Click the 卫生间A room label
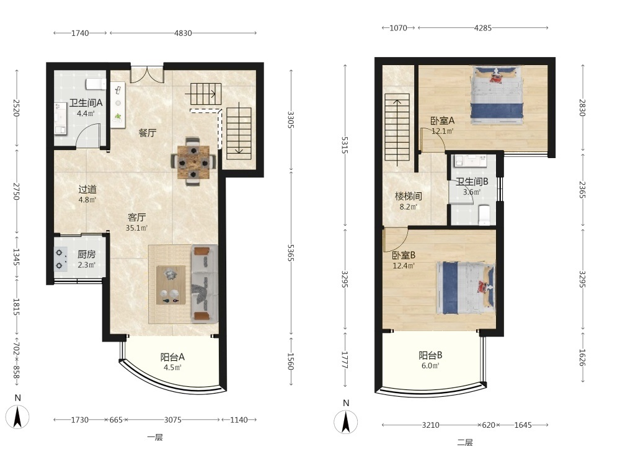pyautogui.click(x=86, y=103)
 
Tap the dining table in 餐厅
pyautogui.click(x=193, y=162)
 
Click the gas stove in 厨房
pyautogui.click(x=61, y=259)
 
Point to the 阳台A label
pyautogui.click(x=172, y=357)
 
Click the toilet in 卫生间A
pyautogui.click(x=95, y=84)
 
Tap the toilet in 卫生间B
pyautogui.click(x=484, y=215)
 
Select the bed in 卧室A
pyautogui.click(x=497, y=95)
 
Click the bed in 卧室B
pyautogui.click(x=466, y=287)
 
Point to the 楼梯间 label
pyautogui.click(x=408, y=196)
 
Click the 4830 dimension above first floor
pyautogui.click(x=183, y=33)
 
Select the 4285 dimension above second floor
pyautogui.click(x=483, y=28)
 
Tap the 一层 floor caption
pyautogui.click(x=154, y=437)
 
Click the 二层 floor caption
pyautogui.click(x=464, y=443)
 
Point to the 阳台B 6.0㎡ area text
pyautogui.click(x=430, y=366)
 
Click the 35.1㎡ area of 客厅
pyautogui.click(x=136, y=228)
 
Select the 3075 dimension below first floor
pyautogui.click(x=173, y=420)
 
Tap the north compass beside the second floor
pyautogui.click(x=345, y=422)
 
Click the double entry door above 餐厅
pyautogui.click(x=147, y=74)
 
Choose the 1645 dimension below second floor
pyautogui.click(x=523, y=425)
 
